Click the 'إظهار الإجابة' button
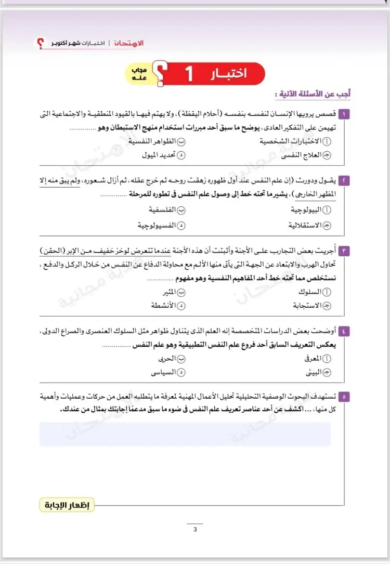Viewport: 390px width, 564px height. pyautogui.click(x=67, y=505)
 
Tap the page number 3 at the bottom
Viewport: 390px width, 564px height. pyautogui.click(x=195, y=530)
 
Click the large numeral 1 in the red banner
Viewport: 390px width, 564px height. pyautogui.click(x=189, y=74)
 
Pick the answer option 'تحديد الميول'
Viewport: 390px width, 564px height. pyautogui.click(x=160, y=155)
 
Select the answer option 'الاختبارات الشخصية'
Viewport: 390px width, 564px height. pyautogui.click(x=295, y=141)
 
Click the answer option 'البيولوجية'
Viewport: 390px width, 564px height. pyautogui.click(x=309, y=209)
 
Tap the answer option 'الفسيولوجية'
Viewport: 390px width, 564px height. pyautogui.click(x=158, y=226)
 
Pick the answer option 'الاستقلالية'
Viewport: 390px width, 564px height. pyautogui.click(x=306, y=226)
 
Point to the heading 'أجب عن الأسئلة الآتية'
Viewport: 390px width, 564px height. pyautogui.click(x=313, y=95)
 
